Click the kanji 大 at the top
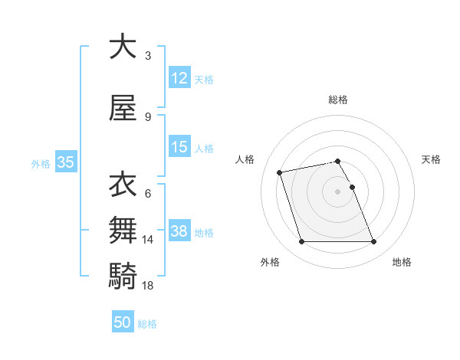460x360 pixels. click(123, 47)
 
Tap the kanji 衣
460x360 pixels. click(123, 185)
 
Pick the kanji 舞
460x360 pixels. click(123, 229)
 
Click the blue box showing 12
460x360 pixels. click(179, 78)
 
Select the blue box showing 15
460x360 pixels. click(179, 147)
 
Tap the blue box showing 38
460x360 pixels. click(179, 231)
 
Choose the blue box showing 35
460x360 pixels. click(65, 162)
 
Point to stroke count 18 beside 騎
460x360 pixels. click(148, 286)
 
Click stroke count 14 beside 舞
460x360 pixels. click(148, 240)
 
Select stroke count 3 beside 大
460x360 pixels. click(148, 56)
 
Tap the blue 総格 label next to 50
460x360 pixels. click(148, 324)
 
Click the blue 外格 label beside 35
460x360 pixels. click(41, 163)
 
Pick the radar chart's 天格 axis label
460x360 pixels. click(431, 159)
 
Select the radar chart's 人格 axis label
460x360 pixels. click(245, 159)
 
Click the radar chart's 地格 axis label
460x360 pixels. click(402, 262)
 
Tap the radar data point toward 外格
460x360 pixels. click(301, 242)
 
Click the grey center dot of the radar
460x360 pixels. click(337, 191)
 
